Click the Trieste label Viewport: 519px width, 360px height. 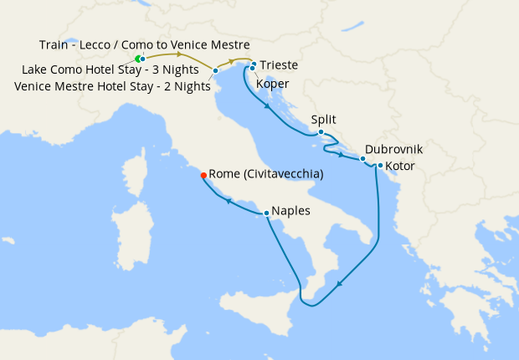tap(279, 65)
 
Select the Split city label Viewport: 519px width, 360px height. tap(323, 120)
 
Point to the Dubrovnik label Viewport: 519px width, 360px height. tap(393, 149)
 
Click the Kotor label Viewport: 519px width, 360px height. tap(400, 166)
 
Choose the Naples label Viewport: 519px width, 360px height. tap(290, 212)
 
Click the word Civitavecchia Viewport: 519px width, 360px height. tap(283, 174)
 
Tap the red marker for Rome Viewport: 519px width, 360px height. tap(203, 175)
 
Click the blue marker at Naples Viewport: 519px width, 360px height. tap(266, 213)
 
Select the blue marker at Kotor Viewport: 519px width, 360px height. tap(380, 165)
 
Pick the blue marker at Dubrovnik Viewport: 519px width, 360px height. tap(362, 157)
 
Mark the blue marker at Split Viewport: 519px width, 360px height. tap(321, 131)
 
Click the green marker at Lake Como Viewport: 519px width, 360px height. tap(139, 59)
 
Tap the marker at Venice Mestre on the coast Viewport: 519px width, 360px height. tap(216, 70)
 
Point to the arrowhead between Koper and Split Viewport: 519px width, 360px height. tap(266, 107)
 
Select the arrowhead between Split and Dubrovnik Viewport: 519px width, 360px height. tap(342, 153)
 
